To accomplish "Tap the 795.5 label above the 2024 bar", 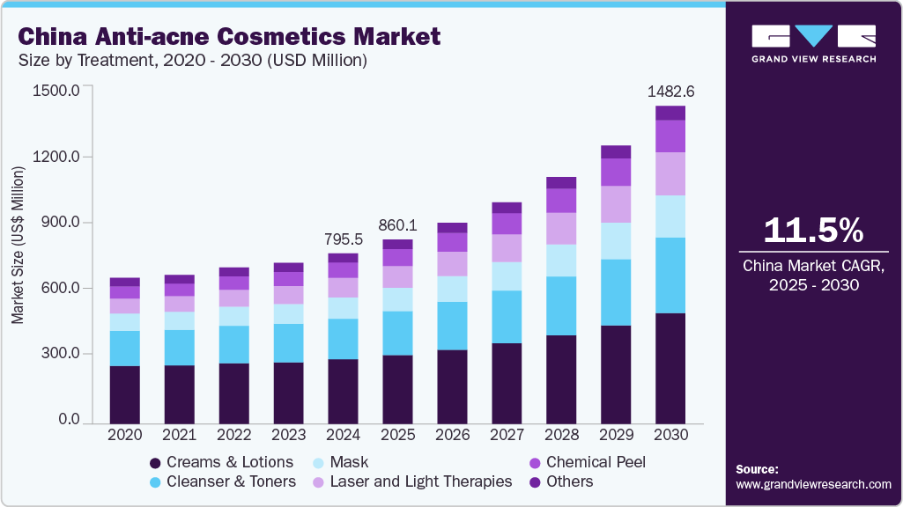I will click(x=343, y=239).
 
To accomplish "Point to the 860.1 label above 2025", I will click(x=397, y=224).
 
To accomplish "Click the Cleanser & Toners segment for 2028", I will click(x=561, y=305).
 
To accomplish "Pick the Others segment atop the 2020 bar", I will click(x=124, y=282).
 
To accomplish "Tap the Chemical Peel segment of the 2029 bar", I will click(x=616, y=172).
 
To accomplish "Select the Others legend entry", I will click(x=569, y=481).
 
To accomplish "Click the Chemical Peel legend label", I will click(x=596, y=462).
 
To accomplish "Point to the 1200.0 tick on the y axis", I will click(x=56, y=157).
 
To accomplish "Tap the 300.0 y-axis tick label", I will click(x=59, y=354).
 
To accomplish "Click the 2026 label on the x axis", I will click(x=452, y=435).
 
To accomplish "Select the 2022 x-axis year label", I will click(x=233, y=435).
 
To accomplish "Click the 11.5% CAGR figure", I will click(x=813, y=230).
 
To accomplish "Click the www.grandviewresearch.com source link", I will click(x=813, y=484).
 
